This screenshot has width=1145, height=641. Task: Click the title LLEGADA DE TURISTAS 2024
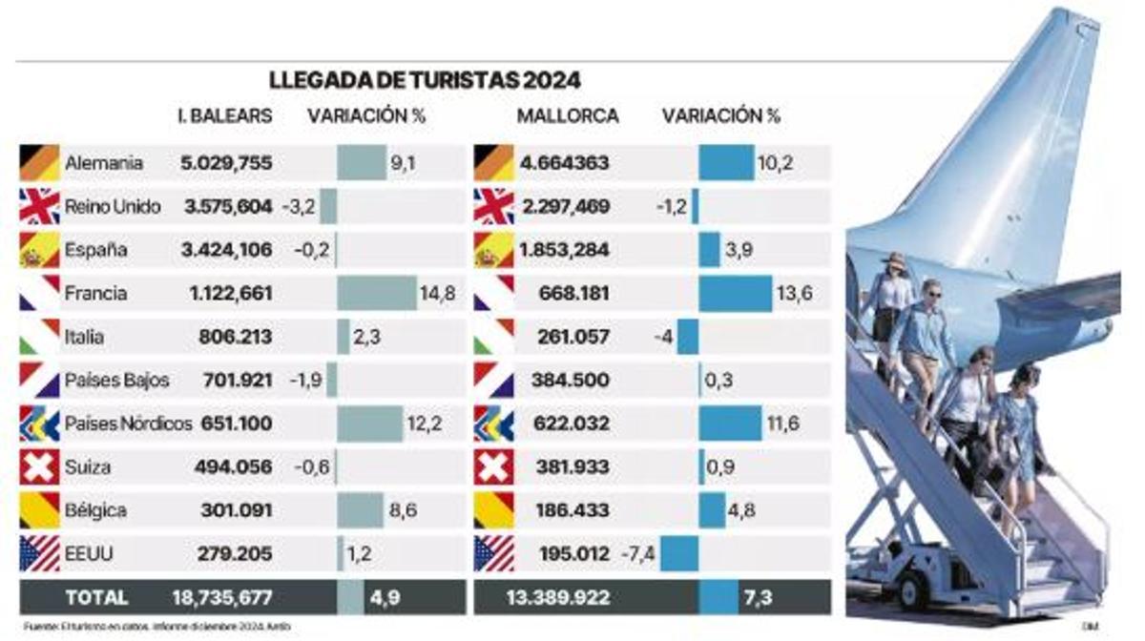click(x=425, y=80)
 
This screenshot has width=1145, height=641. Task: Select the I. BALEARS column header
click(x=225, y=116)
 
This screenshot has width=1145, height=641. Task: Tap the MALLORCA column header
click(x=568, y=116)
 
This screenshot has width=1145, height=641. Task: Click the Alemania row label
click(x=104, y=163)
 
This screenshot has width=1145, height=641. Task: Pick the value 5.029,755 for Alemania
click(x=226, y=163)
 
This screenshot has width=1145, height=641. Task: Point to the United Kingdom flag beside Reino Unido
click(x=39, y=206)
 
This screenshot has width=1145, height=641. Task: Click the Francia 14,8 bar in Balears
click(x=377, y=293)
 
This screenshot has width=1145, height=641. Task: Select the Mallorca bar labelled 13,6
click(x=735, y=293)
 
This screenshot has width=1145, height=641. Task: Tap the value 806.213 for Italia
click(x=236, y=337)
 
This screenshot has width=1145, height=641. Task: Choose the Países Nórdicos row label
click(x=128, y=424)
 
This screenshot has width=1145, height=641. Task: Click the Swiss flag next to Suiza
click(x=39, y=467)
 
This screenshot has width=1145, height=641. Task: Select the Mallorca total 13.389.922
click(x=557, y=598)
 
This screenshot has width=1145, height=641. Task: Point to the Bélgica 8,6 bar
click(x=360, y=510)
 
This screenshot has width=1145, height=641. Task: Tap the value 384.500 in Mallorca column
click(x=565, y=380)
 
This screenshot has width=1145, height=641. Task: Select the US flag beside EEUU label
click(x=39, y=553)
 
